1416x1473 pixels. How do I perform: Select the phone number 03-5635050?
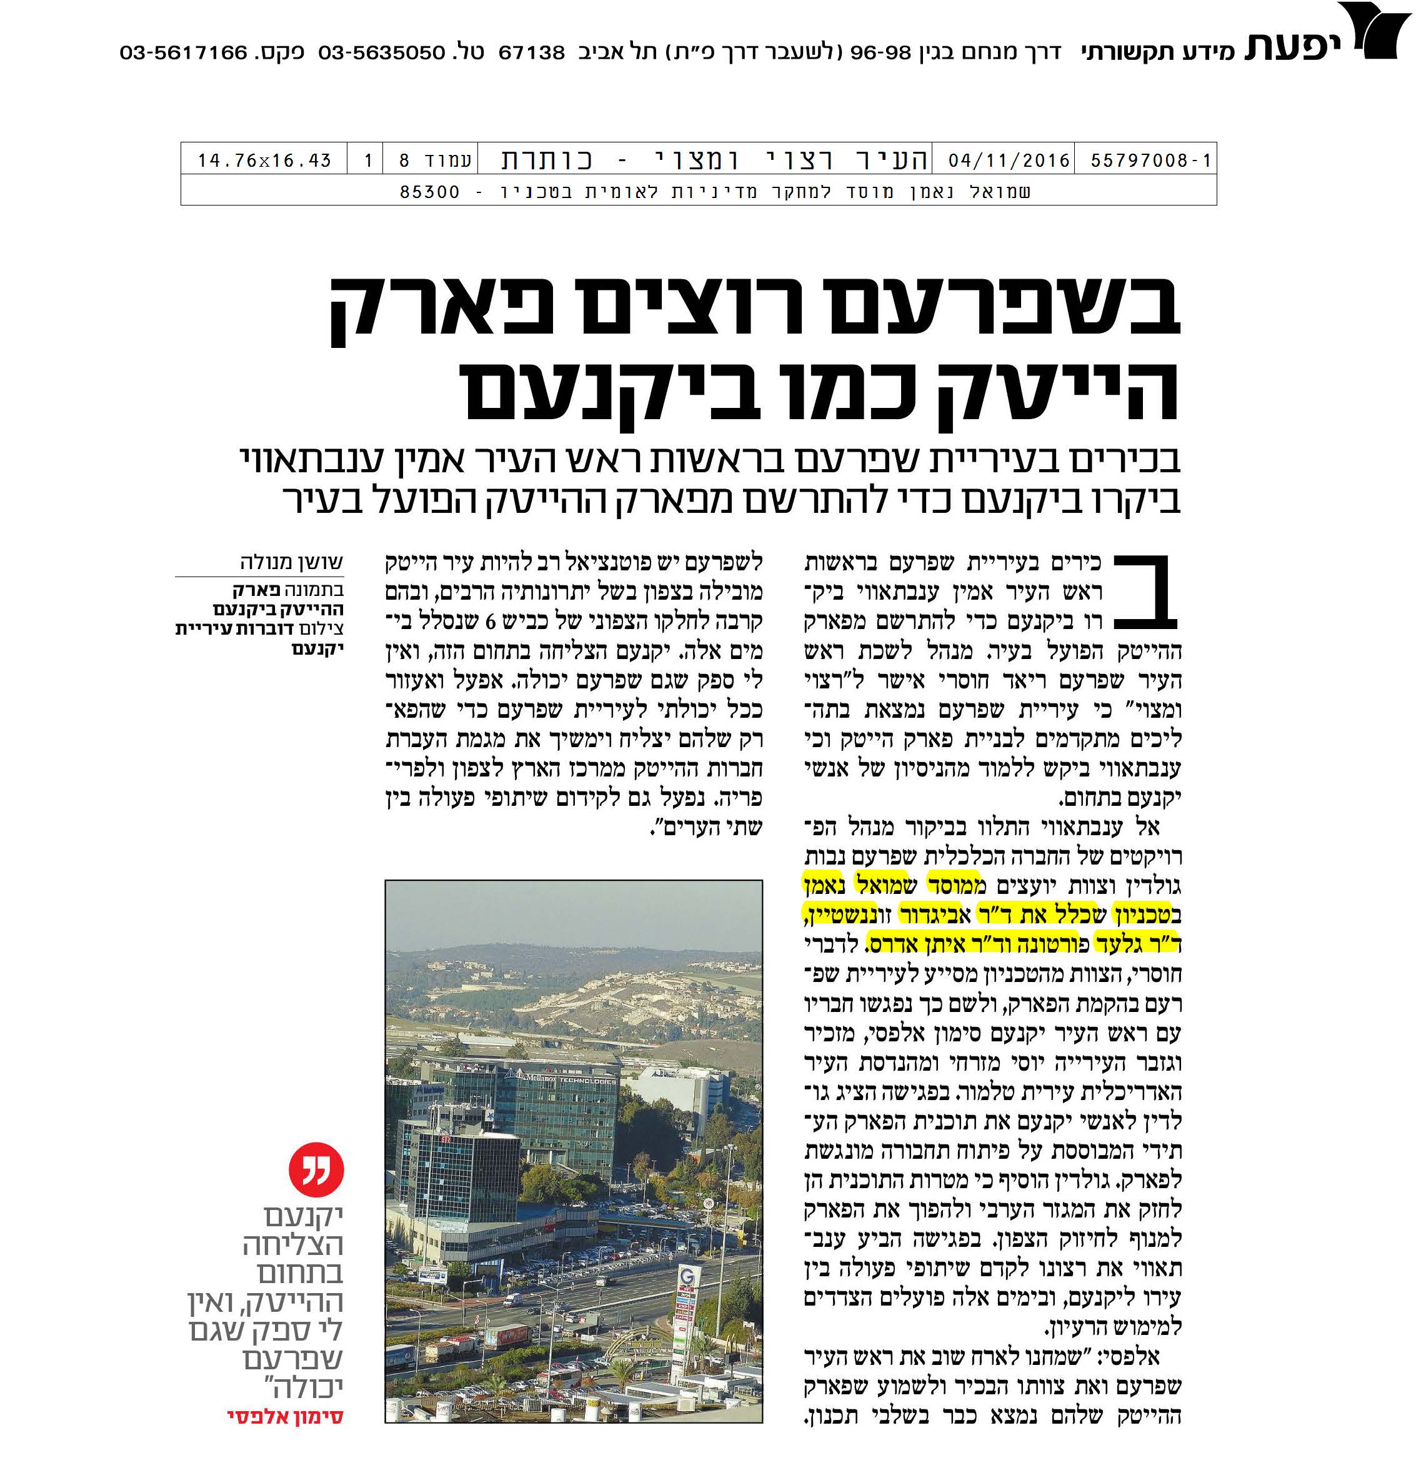coord(382,53)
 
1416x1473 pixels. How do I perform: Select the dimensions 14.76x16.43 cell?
coord(264,160)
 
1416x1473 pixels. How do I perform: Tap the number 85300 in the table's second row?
coord(429,192)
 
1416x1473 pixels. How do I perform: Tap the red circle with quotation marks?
coord(316,1169)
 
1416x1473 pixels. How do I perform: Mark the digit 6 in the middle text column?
coord(492,621)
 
